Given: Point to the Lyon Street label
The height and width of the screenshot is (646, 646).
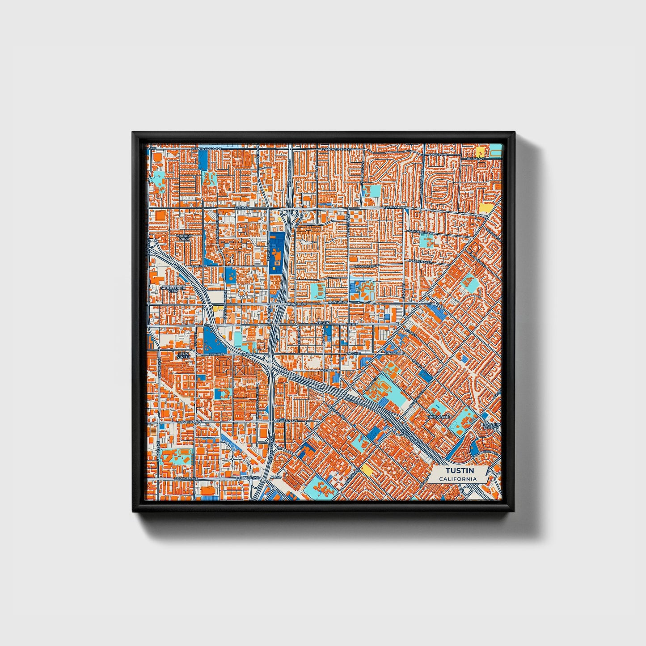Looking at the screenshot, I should [x=183, y=355].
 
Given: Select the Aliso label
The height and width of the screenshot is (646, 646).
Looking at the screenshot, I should [x=274, y=477].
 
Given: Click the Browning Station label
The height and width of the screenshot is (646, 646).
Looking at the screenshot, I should [x=490, y=426].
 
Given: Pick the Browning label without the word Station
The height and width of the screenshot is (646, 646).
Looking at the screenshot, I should [x=439, y=417].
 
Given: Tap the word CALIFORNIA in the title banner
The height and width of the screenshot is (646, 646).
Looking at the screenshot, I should [x=457, y=479].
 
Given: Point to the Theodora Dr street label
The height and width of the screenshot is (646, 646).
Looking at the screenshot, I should [x=363, y=266].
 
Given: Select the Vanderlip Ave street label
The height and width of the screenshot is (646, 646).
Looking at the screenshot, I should [x=422, y=232].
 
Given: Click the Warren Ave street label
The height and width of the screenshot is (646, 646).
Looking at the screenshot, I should [x=419, y=261].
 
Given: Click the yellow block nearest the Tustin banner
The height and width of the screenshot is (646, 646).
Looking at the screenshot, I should [x=366, y=469].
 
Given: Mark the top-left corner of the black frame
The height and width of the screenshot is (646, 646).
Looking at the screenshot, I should [x=133, y=132].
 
